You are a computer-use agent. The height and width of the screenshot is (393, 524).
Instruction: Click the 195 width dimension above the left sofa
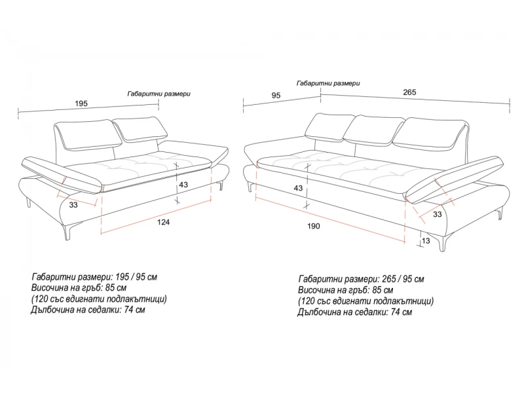pyautogui.click(x=81, y=103)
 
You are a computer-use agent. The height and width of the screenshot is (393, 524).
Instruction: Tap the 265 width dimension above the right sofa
pyautogui.click(x=409, y=92)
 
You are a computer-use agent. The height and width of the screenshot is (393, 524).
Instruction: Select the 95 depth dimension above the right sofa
pyautogui.click(x=276, y=96)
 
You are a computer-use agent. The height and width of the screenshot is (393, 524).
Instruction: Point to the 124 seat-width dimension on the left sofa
pyautogui.click(x=163, y=222)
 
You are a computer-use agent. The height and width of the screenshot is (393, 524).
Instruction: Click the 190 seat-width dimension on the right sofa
pyautogui.click(x=314, y=226)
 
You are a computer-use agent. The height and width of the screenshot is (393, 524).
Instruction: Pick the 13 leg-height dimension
pyautogui.click(x=426, y=240)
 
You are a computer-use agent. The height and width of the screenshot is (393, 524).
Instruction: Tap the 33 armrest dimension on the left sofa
pyautogui.click(x=73, y=204)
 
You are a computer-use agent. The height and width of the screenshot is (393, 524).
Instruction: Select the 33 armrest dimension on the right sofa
pyautogui.click(x=437, y=214)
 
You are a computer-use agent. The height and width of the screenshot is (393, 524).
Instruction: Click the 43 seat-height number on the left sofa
pyautogui.click(x=183, y=185)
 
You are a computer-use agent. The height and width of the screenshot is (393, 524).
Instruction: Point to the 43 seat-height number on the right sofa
pyautogui.click(x=298, y=188)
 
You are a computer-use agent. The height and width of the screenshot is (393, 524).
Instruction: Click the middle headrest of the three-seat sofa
pyautogui.click(x=373, y=131)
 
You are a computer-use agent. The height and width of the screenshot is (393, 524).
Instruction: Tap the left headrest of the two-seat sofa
pyautogui.click(x=88, y=134)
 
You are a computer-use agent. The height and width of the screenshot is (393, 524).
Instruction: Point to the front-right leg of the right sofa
pyautogui.click(x=443, y=242)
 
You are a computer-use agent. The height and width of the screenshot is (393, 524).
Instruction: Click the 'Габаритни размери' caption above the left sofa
pyautogui.click(x=159, y=94)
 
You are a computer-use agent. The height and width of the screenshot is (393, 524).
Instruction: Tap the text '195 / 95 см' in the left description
pyautogui.click(x=136, y=277)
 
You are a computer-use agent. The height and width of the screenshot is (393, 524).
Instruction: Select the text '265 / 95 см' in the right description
pyautogui.click(x=403, y=279)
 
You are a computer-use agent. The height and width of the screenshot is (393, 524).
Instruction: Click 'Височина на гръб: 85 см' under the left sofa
pyautogui.click(x=79, y=288)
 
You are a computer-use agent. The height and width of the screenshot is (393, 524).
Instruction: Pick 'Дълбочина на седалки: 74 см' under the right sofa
pyautogui.click(x=354, y=312)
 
